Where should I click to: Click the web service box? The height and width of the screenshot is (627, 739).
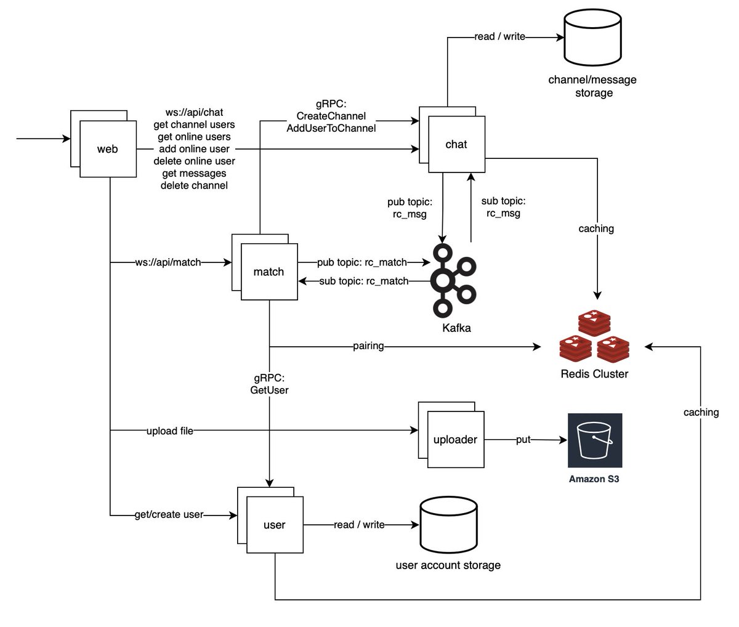[x=108, y=149]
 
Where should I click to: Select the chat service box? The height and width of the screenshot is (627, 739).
[x=456, y=144]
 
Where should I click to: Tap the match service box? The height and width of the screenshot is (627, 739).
[x=269, y=272]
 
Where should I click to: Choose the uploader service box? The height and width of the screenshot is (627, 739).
[x=455, y=440]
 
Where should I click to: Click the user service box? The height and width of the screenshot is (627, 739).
[x=275, y=525]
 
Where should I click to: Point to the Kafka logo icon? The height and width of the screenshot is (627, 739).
[x=453, y=280]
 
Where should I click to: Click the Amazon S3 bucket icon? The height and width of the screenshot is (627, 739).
[x=594, y=440]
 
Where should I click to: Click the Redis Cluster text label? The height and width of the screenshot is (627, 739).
[x=594, y=374]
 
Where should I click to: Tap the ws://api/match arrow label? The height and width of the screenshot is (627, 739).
[x=168, y=262]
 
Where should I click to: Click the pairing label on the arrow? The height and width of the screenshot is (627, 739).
[x=368, y=346]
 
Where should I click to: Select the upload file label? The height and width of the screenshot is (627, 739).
[x=169, y=431]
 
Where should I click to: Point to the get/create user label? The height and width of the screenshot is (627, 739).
[x=169, y=514]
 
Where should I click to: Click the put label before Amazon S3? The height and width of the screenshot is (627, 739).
[x=523, y=440]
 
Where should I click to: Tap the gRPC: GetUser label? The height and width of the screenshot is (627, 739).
[x=269, y=384]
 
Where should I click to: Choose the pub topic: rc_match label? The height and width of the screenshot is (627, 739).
[x=362, y=262]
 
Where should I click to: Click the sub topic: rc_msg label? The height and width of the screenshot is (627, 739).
[x=503, y=207]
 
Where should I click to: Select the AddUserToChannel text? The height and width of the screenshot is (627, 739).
[x=331, y=128]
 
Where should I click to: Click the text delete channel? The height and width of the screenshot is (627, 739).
[x=194, y=185]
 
